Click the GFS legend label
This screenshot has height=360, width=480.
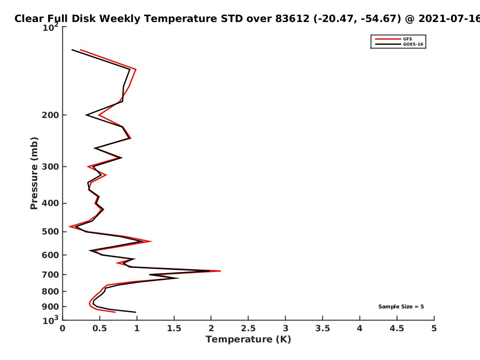pos(407,39)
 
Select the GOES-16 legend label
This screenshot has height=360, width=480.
pos(413,44)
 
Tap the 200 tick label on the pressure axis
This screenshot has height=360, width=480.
pos(50,115)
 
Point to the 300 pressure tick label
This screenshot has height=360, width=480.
pos(50,167)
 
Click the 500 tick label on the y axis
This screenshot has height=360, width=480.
pos(50,232)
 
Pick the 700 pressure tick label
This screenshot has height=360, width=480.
pos(50,275)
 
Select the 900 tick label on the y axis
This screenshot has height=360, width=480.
pos(50,307)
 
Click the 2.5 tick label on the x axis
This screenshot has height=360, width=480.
pos(248,328)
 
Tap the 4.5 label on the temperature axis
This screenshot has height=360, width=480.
pos(397,328)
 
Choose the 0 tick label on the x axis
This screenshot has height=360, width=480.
pos(62,328)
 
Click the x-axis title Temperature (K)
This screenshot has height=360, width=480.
pos(248,340)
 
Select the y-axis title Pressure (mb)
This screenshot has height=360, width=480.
pos(34,173)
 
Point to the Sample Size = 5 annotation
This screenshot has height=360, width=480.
pos(401,307)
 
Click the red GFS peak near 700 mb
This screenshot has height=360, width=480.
pos(220,271)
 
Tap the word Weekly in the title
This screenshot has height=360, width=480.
pos(120,19)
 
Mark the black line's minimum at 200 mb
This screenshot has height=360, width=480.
pos(86,115)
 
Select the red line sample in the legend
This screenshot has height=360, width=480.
pos(388,39)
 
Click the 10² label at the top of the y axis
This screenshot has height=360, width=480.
pos(50,27)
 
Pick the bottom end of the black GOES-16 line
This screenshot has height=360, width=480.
pos(136,312)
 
